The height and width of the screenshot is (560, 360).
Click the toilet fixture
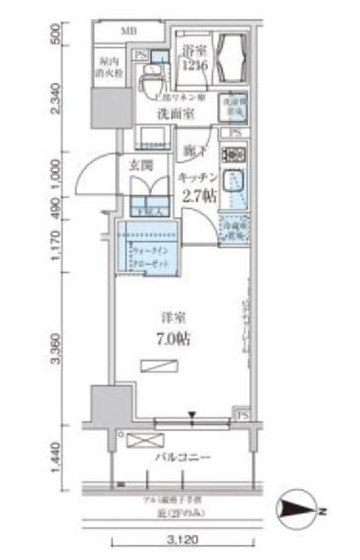[151, 81]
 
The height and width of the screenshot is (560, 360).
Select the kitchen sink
[233, 179]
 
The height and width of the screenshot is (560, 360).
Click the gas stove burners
[233, 155]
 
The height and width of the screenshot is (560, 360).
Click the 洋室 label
[174, 318]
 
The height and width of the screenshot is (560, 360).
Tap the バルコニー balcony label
[183, 457]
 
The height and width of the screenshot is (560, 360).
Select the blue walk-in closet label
[149, 257]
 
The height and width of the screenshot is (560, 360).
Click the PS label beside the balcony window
[242, 414]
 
